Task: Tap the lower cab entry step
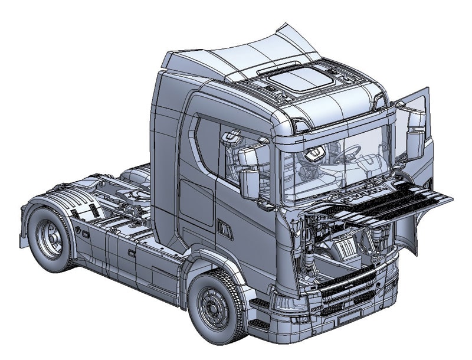(258, 324)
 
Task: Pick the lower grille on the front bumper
(348, 295)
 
